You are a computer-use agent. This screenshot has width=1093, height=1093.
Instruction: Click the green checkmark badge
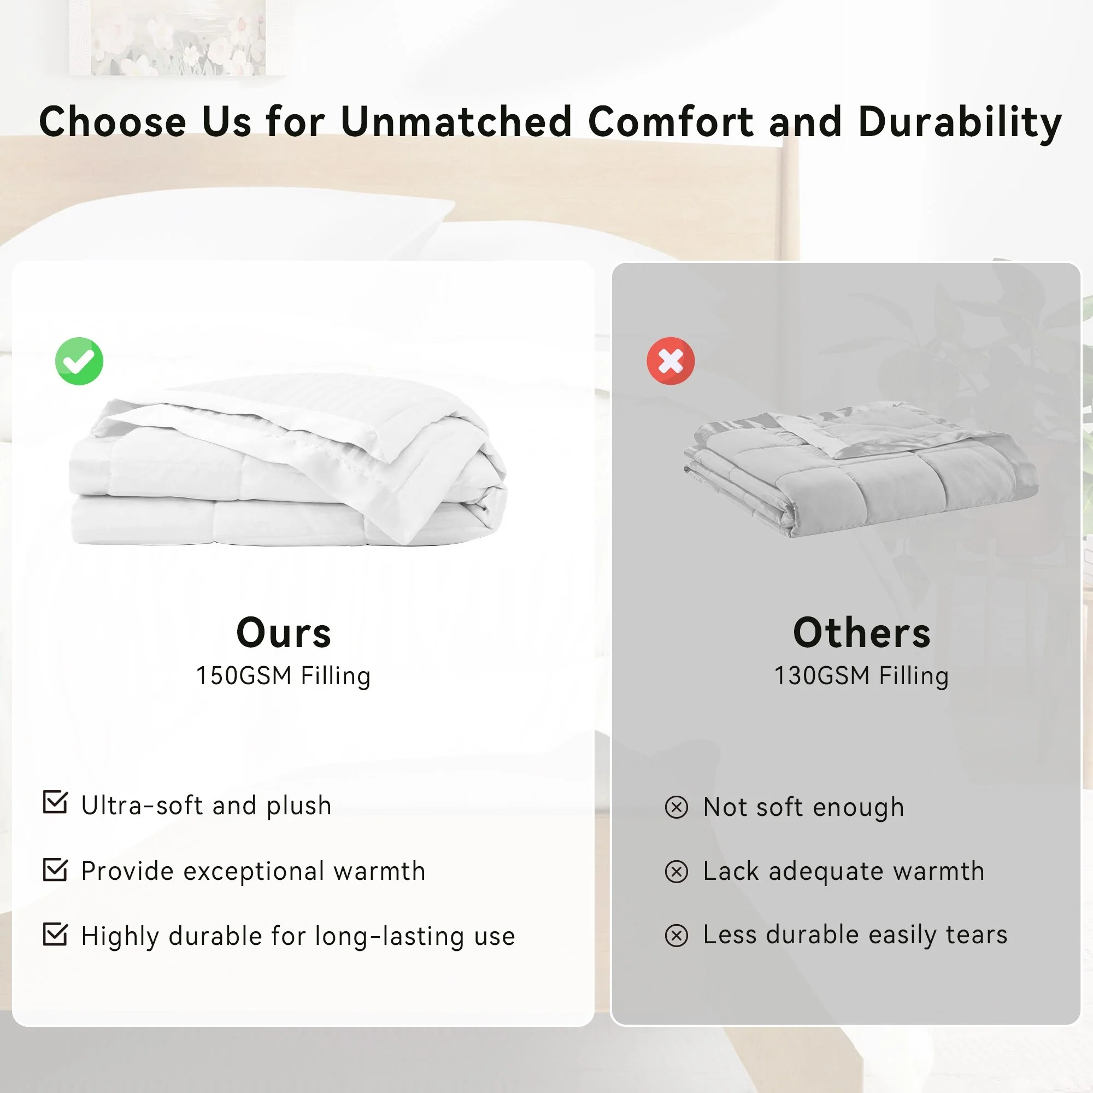pos(79,361)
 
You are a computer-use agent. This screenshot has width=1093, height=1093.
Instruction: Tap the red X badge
pos(671,361)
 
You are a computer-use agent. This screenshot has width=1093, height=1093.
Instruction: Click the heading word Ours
pos(284,632)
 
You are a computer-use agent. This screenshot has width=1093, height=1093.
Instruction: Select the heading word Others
pos(862,632)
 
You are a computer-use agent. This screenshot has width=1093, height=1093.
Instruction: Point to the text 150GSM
pos(244,675)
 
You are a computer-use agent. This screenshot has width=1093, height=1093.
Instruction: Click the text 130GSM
pos(822,675)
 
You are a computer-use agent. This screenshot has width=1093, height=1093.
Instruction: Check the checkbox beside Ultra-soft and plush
pos(55,802)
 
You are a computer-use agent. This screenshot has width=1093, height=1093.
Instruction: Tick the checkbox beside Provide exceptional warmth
pos(55,869)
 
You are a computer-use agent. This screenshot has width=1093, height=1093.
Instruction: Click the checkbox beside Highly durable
pos(55,935)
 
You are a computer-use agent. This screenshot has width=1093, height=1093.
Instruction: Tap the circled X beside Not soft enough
pos(677,807)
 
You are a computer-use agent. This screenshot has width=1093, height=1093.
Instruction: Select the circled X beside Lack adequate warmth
pos(677,872)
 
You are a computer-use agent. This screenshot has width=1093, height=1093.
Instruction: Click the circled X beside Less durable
pos(677,936)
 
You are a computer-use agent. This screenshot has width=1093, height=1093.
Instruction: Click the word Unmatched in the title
pos(456,121)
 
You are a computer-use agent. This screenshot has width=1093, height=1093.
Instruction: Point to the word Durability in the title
pos(960,122)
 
